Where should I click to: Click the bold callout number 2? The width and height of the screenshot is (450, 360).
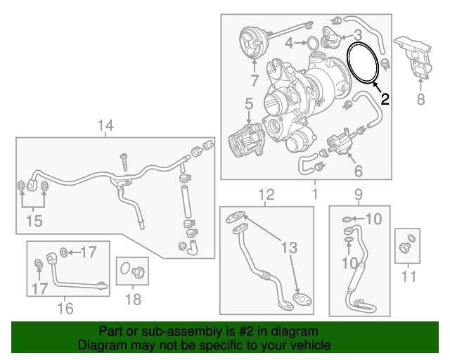[x=385, y=99]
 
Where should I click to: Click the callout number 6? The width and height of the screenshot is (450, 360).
[x=358, y=171]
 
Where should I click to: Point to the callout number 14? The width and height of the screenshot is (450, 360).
[x=105, y=127]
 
